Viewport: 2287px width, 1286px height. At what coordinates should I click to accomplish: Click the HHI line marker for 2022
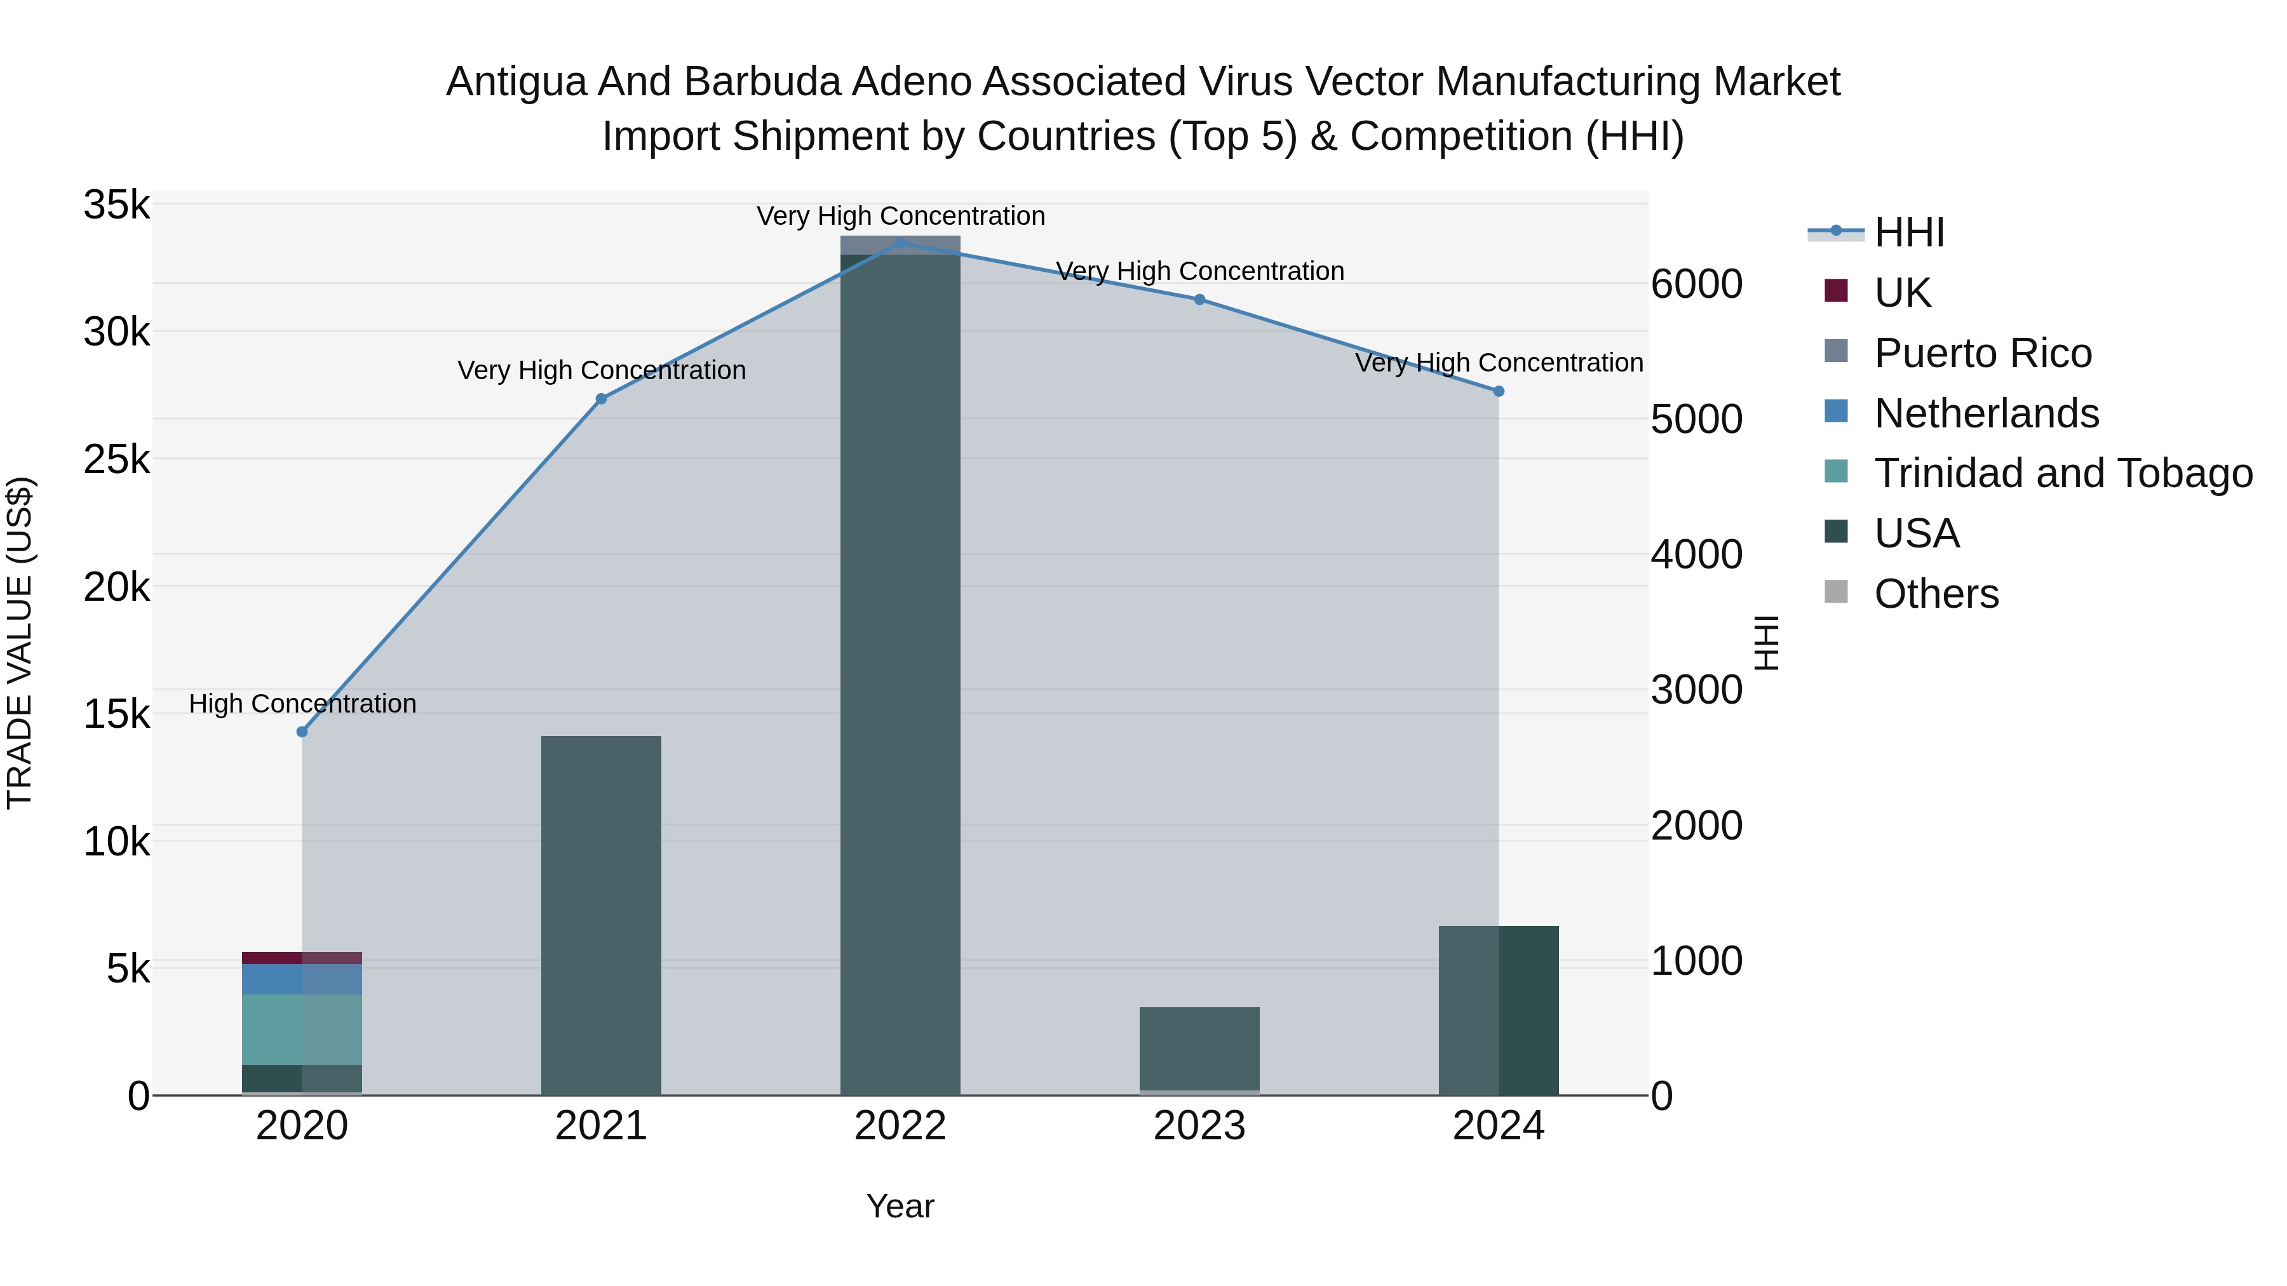[900, 243]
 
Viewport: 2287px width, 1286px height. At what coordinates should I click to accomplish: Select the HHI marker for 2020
[302, 732]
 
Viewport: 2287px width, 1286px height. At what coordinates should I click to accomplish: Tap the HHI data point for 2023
[1199, 299]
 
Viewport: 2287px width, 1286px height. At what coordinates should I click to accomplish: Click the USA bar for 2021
[601, 914]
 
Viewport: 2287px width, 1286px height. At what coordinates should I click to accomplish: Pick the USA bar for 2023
[1199, 1047]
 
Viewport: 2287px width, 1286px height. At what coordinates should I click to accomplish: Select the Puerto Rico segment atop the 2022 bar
[900, 245]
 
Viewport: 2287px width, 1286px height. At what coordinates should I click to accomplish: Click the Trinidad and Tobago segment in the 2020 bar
[302, 1029]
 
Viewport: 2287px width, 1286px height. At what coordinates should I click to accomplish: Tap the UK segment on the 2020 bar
[302, 958]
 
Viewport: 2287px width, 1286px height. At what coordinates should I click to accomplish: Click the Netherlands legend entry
[1986, 413]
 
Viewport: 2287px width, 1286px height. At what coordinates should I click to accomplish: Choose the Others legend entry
[1936, 594]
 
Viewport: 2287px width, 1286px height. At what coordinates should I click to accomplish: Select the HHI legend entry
[1909, 232]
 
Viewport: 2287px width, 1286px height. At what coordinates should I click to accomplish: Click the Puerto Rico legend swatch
[1836, 351]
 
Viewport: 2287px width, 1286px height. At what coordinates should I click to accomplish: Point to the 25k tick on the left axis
[117, 460]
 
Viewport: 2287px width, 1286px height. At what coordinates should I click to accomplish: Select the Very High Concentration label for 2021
[601, 370]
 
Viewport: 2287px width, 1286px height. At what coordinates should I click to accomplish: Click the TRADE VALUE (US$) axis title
[20, 643]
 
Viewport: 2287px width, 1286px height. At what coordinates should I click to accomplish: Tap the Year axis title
[900, 1206]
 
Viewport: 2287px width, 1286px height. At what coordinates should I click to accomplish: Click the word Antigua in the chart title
[516, 82]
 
